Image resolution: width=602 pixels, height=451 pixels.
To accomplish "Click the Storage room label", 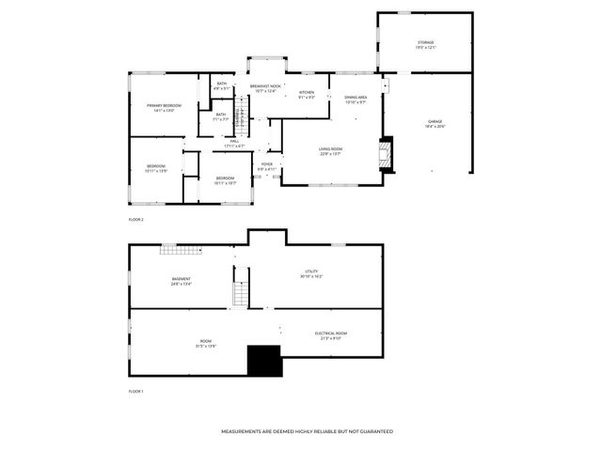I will point(426,44).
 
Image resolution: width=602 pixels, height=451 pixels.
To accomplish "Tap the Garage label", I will point(436,123).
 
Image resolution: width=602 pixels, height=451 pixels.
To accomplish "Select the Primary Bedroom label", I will point(164,107).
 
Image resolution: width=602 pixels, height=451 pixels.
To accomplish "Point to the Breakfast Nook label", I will point(265,88).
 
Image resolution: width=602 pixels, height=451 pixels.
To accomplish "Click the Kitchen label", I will point(307,94).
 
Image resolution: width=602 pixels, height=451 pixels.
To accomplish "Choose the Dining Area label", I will point(356,99).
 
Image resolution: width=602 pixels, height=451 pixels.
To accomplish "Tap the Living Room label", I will point(329,150).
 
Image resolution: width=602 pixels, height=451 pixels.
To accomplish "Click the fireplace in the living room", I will point(384,154).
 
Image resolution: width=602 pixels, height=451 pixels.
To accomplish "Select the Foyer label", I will point(267,166).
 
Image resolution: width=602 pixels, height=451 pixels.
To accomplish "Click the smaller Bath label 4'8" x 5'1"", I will point(221,86).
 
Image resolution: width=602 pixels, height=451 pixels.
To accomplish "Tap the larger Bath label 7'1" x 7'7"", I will point(220,117).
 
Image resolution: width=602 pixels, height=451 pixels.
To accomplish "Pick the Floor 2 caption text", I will point(136,219).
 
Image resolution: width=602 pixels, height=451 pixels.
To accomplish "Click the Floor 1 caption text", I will point(136,390).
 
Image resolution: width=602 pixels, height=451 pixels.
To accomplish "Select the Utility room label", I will point(311,273).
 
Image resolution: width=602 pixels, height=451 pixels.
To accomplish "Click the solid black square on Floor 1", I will point(264,361).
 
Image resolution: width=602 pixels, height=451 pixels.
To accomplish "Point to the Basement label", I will point(182,280).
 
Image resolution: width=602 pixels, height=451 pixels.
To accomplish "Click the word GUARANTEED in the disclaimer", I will point(374,431).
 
